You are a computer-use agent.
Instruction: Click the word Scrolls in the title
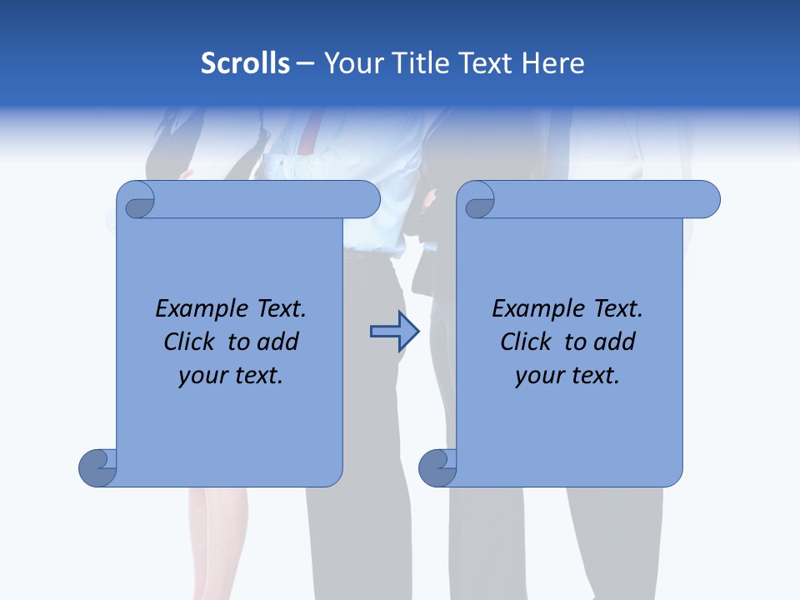pos(245,63)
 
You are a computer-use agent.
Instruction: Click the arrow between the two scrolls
pos(394,332)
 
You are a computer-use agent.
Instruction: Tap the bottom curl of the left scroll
pos(97,467)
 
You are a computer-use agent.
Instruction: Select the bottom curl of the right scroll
pos(437,467)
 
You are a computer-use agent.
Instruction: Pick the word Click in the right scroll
pos(526,342)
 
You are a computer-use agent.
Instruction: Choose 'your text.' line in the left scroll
pos(231,376)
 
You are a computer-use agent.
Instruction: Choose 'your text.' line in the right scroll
pos(567,376)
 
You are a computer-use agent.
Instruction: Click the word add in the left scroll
pos(278,342)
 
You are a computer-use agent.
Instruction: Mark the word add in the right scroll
pos(615,342)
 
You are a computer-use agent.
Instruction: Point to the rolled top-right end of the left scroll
pos(364,200)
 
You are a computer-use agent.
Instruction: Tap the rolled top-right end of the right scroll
pos(704,200)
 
